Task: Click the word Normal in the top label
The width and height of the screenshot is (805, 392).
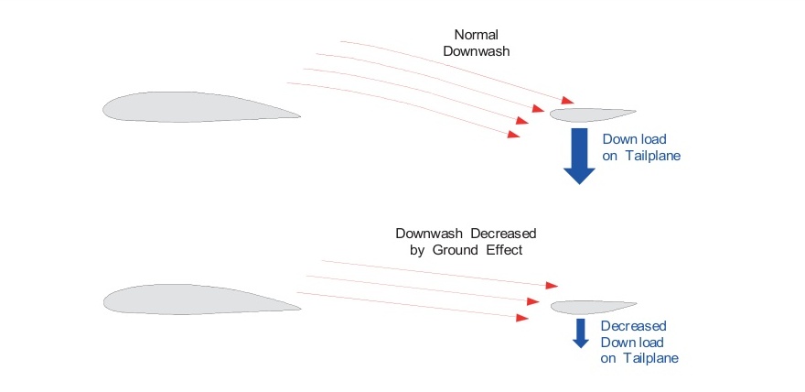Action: click(476, 34)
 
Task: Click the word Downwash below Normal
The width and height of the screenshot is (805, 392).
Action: click(476, 51)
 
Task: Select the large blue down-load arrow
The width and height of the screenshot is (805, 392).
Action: click(579, 155)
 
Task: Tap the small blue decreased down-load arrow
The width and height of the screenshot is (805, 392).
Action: click(580, 332)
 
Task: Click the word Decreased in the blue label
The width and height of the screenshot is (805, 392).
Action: click(633, 325)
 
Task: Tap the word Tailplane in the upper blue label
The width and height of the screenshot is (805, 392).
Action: click(653, 157)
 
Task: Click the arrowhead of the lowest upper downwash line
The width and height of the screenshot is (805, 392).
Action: click(514, 135)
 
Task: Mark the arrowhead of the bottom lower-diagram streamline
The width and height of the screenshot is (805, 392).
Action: click(522, 317)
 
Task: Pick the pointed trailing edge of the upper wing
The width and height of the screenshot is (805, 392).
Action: click(298, 115)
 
